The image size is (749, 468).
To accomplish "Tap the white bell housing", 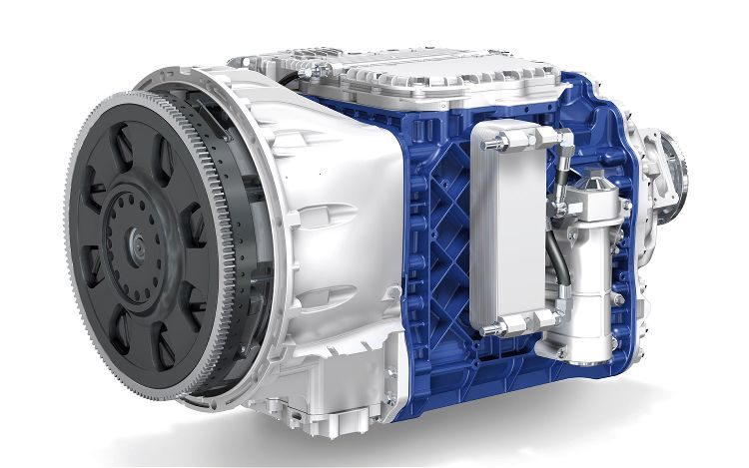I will (x=330, y=230).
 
